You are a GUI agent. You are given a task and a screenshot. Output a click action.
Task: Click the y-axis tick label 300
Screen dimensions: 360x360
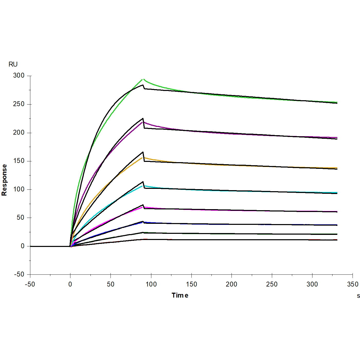pyautogui.click(x=19, y=76)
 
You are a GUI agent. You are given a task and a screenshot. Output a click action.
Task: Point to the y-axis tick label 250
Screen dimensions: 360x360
pyautogui.click(x=19, y=104)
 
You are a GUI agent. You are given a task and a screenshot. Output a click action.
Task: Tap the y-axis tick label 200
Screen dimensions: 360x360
pyautogui.click(x=19, y=133)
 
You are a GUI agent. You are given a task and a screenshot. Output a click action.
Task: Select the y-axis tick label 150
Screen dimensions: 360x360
pyautogui.click(x=19, y=161)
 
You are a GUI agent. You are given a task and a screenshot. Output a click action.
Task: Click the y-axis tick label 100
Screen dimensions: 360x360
pyautogui.click(x=19, y=189)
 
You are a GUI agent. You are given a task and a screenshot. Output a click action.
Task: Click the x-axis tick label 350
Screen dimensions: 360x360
pyautogui.click(x=353, y=284)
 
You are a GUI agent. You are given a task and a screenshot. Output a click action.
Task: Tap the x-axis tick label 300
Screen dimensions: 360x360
pyautogui.click(x=312, y=284)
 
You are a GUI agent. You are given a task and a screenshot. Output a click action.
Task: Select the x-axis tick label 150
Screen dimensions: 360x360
pyautogui.click(x=191, y=284)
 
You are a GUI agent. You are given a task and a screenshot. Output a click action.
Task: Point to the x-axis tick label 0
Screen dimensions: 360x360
pyautogui.click(x=70, y=284)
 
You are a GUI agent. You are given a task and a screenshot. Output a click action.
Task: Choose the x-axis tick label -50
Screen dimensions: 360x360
pyautogui.click(x=30, y=284)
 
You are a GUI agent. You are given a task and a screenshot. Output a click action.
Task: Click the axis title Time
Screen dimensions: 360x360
pyautogui.click(x=180, y=296)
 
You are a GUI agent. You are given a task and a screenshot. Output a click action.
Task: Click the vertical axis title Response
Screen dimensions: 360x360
pyautogui.click(x=4, y=180)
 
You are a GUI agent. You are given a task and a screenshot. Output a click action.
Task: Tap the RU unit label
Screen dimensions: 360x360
pyautogui.click(x=13, y=64)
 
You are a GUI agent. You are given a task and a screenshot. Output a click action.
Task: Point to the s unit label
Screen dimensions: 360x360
pyautogui.click(x=358, y=296)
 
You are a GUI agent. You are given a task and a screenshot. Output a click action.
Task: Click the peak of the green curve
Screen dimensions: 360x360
pyautogui.click(x=143, y=79)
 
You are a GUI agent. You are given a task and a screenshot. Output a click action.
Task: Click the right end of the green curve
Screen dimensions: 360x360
pyautogui.click(x=337, y=102)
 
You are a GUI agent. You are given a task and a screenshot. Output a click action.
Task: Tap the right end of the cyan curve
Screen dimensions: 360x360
pyautogui.click(x=337, y=192)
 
